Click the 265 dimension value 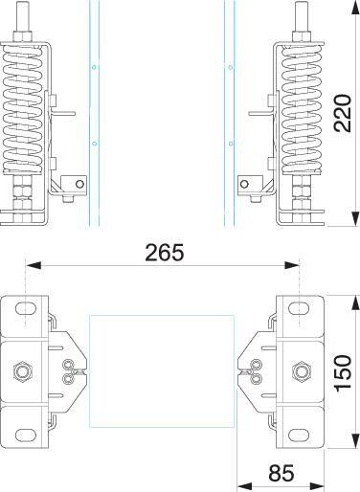pyautogui.click(x=165, y=253)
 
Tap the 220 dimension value pyautogui.click(x=343, y=113)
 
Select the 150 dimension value pyautogui.click(x=343, y=372)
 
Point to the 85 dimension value pyautogui.click(x=281, y=473)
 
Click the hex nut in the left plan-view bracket pyautogui.click(x=22, y=371)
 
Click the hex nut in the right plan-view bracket pyautogui.click(x=301, y=371)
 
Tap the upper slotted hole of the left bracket pyautogui.click(x=26, y=308)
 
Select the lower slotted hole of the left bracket pyautogui.click(x=26, y=436)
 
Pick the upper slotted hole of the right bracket pyautogui.click(x=299, y=308)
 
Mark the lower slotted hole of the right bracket pyautogui.click(x=299, y=436)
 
